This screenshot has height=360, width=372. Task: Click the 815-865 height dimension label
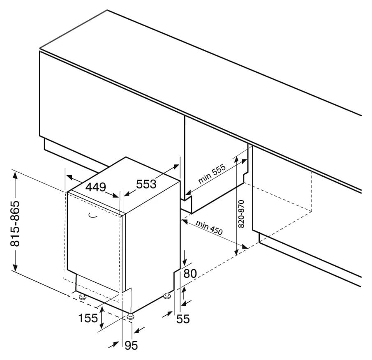[15, 224]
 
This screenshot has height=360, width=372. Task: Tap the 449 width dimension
[96, 187]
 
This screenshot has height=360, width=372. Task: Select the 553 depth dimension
[146, 184]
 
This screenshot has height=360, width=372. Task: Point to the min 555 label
[212, 174]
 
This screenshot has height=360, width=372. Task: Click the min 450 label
[209, 228]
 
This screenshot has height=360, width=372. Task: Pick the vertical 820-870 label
[241, 214]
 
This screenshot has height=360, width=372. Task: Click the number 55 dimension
[183, 319]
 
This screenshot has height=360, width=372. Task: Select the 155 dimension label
[88, 318]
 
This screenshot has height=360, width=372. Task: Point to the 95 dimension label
[131, 346]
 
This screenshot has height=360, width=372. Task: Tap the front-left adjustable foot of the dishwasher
[83, 297]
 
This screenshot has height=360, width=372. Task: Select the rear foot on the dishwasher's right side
[167, 296]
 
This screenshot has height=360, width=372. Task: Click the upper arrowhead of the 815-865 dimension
[15, 177]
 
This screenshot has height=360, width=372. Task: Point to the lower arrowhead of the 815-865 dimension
[15, 267]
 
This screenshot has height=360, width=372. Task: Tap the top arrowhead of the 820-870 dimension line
[236, 161]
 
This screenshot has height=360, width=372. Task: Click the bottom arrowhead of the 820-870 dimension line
[236, 252]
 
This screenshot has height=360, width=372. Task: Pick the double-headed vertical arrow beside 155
[102, 317]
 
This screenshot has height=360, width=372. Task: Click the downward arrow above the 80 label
[184, 257]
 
